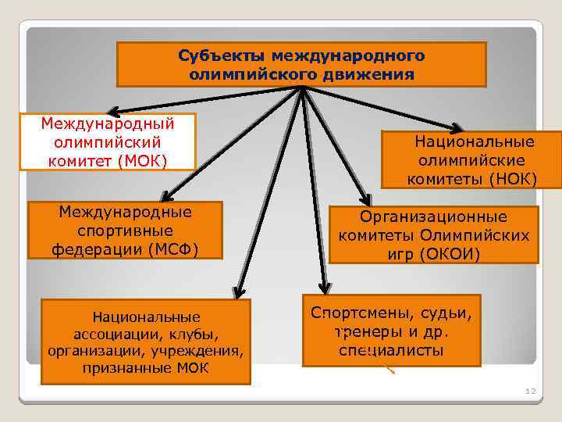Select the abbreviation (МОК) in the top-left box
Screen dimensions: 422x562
click(x=141, y=161)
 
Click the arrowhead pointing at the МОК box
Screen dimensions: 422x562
click(x=114, y=112)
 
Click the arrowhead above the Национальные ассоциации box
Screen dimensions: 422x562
click(x=239, y=291)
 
